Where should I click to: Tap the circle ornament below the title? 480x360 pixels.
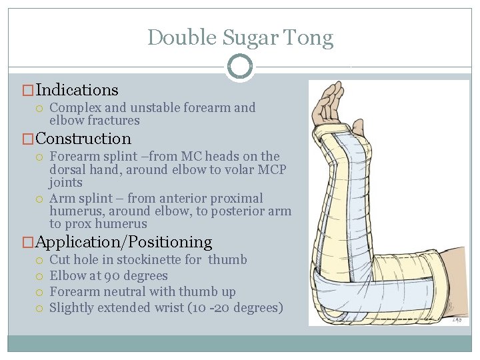(x=240, y=67)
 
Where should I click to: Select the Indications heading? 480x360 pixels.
(x=77, y=90)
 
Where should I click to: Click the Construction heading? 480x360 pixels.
(x=84, y=139)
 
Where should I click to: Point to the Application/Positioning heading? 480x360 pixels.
(x=124, y=242)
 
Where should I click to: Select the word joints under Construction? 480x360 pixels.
(x=66, y=183)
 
